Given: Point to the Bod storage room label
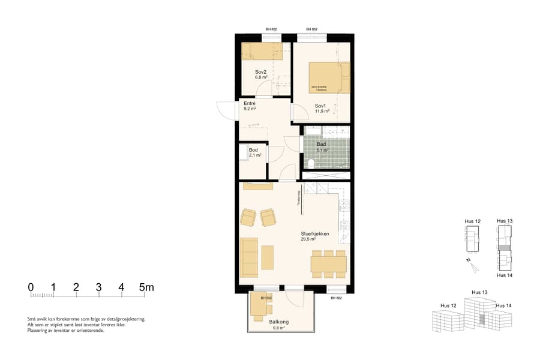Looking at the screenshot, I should pos(253,150).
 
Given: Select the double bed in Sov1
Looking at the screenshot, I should pos(329,77).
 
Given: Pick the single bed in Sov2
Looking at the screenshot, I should pos(262,51).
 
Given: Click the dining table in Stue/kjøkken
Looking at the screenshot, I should pos(328,264).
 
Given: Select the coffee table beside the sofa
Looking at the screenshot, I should pos(267,257).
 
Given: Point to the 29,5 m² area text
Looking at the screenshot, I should pos(308,239).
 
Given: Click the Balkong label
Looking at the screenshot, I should pos(279,322).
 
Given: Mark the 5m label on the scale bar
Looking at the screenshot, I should pos(146,287).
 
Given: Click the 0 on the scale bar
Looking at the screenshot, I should pos(31,287).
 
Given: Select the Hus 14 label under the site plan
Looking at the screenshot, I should pos(504,275).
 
